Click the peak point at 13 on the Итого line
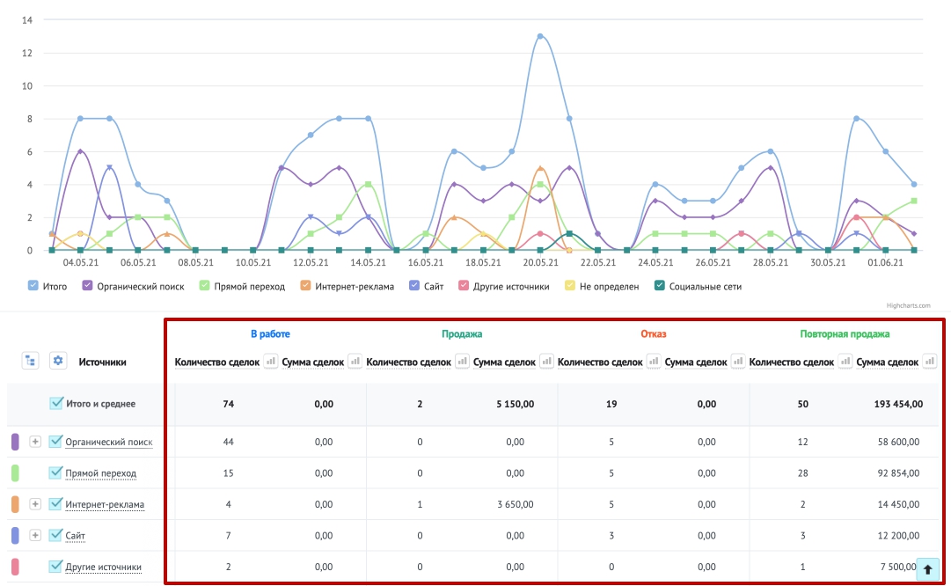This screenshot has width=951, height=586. coord(540,36)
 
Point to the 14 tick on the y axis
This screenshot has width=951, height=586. coord(26,20)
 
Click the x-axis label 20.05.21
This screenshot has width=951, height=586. coord(540,263)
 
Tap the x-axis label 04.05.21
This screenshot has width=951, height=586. coord(81,263)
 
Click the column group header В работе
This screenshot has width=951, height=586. coord(270,333)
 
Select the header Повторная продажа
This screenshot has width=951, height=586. coord(845,333)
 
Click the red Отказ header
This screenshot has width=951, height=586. coord(653,333)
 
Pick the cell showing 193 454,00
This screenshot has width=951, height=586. coord(898,404)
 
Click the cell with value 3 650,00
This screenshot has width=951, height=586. coord(515,504)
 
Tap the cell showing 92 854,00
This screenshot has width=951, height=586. coord(898,473)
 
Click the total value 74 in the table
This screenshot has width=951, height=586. coord(228,404)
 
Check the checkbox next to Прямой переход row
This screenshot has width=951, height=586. coord(55,472)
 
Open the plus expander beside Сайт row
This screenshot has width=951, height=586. coord(35,535)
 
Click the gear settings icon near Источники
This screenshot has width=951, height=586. coord(57,361)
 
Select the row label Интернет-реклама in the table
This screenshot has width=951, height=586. coord(105,504)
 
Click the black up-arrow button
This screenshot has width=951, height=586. coord(927,569)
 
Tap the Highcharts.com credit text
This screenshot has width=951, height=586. coord(908,305)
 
